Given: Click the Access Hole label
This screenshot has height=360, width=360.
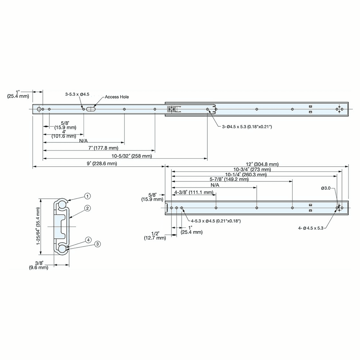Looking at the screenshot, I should (x=117, y=97).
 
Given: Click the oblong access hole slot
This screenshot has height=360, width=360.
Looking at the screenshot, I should (x=91, y=109).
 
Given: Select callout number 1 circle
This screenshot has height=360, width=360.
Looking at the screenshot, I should (x=87, y=196).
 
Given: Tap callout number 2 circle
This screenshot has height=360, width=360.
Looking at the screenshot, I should (x=87, y=208).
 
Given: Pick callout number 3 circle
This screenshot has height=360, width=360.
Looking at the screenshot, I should (x=97, y=244).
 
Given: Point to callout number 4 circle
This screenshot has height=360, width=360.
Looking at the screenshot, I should (x=87, y=240).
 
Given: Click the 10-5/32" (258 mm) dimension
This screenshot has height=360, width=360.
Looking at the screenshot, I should (x=131, y=156).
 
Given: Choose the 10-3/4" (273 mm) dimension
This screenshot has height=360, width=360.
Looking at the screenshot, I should (x=252, y=169).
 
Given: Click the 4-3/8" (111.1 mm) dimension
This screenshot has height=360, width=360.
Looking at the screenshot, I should (x=193, y=192).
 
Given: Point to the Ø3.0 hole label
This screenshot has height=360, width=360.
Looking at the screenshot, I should (x=326, y=188).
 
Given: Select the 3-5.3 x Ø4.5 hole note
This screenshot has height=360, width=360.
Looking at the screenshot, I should (x=77, y=94).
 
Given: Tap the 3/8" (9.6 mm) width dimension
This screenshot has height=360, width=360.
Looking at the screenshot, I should (x=39, y=265).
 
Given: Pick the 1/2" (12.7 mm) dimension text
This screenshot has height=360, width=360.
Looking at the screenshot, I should (x=155, y=236).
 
